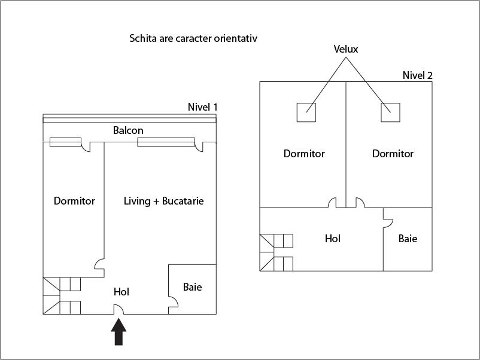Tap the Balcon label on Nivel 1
(x=128, y=130)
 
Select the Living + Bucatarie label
(x=163, y=201)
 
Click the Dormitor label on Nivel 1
(x=74, y=201)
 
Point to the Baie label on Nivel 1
(x=192, y=287)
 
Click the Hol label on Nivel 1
(x=121, y=292)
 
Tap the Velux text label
(x=346, y=49)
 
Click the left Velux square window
(x=306, y=112)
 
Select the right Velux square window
(x=390, y=112)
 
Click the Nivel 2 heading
(x=417, y=75)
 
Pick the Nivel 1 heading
(x=202, y=107)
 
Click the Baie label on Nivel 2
(x=408, y=238)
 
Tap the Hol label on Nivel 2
(x=333, y=238)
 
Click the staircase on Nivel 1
(x=62, y=295)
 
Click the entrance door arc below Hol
(x=119, y=309)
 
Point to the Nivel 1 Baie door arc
(x=172, y=301)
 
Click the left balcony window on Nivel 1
(x=65, y=142)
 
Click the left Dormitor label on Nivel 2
(x=304, y=154)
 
